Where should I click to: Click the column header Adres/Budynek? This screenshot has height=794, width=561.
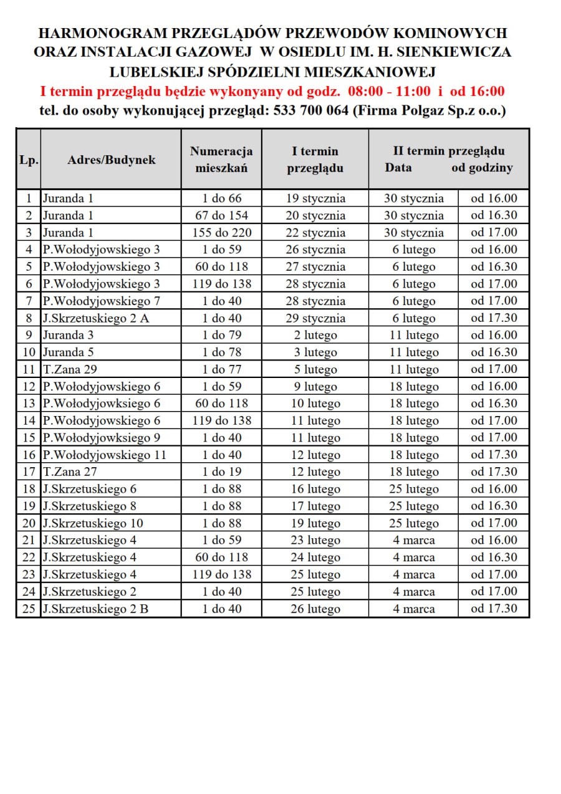(111, 160)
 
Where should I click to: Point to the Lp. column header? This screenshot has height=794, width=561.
(29, 160)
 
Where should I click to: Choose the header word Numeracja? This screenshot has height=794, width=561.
(221, 151)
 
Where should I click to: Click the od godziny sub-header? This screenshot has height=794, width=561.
(482, 168)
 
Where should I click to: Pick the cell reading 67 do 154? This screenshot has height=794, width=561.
(221, 216)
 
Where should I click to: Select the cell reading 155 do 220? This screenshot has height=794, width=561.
(221, 233)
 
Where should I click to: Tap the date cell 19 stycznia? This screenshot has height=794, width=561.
(315, 199)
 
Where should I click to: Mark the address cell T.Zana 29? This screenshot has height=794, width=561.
(69, 369)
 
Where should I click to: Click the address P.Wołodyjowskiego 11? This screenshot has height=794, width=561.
(104, 455)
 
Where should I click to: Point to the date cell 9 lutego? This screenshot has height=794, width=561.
(315, 387)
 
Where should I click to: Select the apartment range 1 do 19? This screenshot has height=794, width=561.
(221, 472)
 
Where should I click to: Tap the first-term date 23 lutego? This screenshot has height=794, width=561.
(315, 540)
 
